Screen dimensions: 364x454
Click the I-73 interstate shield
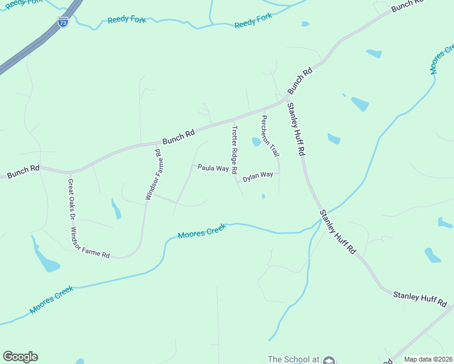click(63, 22)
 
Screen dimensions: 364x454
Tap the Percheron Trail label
click(270, 135)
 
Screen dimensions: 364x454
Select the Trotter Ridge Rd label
click(234, 149)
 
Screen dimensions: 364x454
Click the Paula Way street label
click(213, 168)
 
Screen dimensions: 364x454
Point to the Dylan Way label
click(258, 177)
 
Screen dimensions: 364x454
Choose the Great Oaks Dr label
click(71, 198)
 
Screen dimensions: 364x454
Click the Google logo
click(20, 357)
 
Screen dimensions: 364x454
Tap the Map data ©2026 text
click(428, 359)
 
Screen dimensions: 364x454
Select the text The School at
click(293, 359)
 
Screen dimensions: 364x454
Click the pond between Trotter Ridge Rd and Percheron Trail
click(256, 142)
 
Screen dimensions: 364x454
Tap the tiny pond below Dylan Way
click(263, 196)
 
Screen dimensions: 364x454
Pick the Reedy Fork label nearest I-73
click(127, 20)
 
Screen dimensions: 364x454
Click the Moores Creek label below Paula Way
click(202, 231)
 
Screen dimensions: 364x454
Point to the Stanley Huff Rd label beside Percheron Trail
click(295, 129)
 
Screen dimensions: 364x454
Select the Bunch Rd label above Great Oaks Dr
click(23, 171)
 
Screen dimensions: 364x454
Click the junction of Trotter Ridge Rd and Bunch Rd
click(233, 120)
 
